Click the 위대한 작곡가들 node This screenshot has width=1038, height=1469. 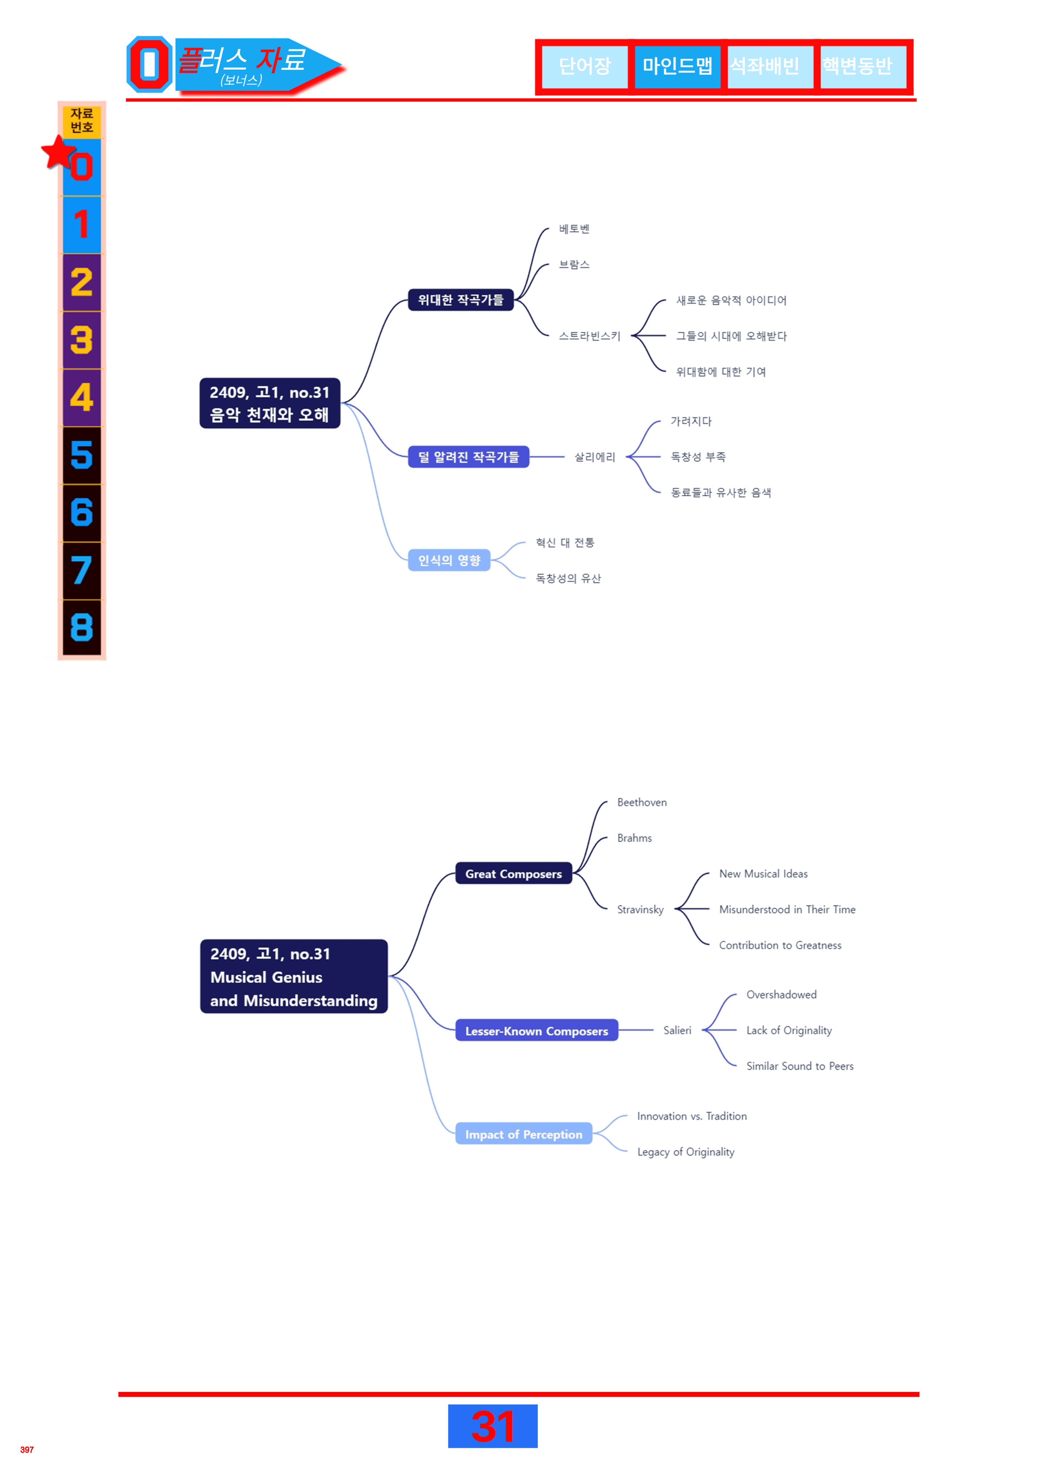461,299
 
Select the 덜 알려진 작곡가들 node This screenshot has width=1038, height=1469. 468,457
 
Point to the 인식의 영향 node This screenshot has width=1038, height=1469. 449,560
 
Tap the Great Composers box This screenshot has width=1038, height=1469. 514,873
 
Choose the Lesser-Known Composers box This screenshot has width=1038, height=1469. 537,1030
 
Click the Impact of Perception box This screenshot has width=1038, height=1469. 524,1134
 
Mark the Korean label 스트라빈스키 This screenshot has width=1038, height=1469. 590,336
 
